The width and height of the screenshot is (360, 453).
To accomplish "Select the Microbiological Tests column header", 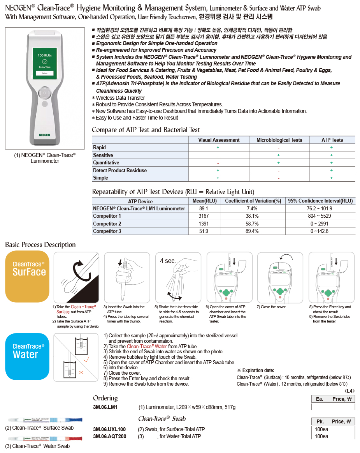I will [x=279, y=140].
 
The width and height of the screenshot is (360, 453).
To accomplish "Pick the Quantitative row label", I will [x=106, y=163].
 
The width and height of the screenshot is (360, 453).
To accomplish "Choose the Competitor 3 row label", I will [x=107, y=231].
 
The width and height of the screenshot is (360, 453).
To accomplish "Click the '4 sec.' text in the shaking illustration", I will [x=168, y=261].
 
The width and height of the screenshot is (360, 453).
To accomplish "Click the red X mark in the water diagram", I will [x=81, y=372].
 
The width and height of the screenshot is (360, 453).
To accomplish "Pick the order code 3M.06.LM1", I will [x=105, y=407].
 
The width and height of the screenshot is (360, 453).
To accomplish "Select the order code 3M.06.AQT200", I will [x=109, y=436].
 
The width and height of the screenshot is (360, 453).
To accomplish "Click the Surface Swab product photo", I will [x=45, y=420].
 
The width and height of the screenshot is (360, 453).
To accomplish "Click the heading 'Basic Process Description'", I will [x=40, y=245].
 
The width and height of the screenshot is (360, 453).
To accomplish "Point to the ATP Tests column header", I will [x=332, y=140].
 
